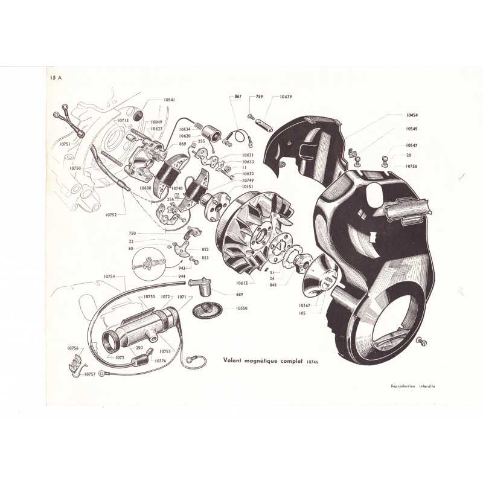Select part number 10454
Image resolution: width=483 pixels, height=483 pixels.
tap(412, 115)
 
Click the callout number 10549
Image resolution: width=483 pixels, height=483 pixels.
tap(412, 130)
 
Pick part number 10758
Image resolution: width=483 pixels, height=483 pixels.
tap(412, 165)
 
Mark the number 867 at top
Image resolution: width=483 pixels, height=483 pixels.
tap(237, 97)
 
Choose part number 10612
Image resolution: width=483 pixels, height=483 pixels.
tap(241, 283)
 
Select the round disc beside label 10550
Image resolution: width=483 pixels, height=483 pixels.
tap(208, 310)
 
